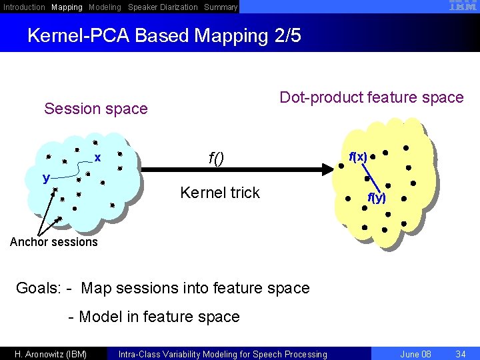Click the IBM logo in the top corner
[458, 6]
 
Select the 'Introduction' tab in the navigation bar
[25, 7]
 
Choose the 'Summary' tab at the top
[221, 7]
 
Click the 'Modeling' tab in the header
[105, 7]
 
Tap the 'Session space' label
[95, 109]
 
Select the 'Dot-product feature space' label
[371, 98]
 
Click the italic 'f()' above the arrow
[216, 158]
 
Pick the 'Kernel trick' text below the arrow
[220, 193]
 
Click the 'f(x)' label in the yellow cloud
[358, 157]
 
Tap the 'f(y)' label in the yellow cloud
[377, 197]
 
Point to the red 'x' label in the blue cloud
[97, 158]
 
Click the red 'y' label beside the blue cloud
[46, 177]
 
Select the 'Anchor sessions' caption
[54, 242]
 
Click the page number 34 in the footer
[459, 354]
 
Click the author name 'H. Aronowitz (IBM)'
[51, 354]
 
